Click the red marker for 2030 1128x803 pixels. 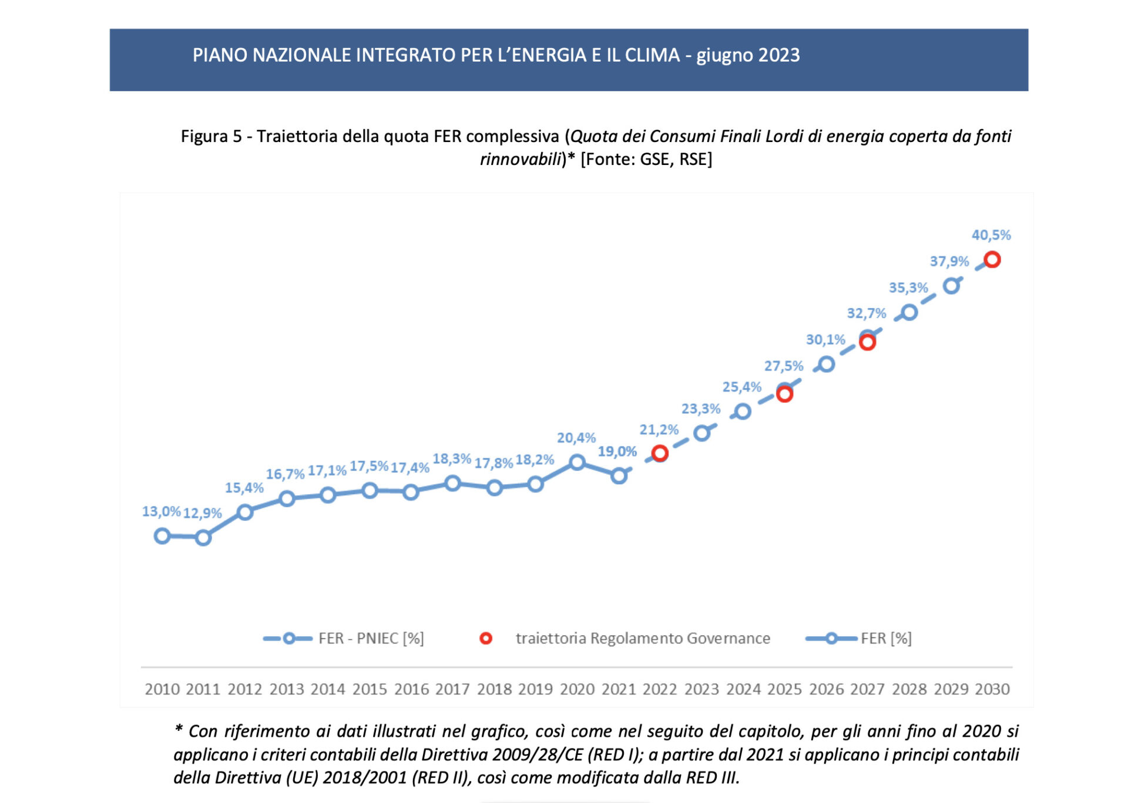992,259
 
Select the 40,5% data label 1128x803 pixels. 991,235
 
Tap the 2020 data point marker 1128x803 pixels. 577,463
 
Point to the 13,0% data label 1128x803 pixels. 161,511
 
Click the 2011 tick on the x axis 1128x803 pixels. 203,689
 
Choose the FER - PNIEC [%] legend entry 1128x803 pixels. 344,639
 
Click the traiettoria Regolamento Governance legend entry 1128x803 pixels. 625,639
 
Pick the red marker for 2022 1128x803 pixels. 660,453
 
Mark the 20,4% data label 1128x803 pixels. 576,438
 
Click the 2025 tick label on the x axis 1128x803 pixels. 784,689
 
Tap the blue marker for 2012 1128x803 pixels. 245,512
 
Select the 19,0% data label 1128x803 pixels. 617,451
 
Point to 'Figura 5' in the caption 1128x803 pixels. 211,136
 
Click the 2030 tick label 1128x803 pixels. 992,689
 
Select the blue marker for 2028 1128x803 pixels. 909,312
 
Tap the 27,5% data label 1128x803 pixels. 784,366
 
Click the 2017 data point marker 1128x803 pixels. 452,484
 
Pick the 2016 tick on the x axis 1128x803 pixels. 411,689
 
